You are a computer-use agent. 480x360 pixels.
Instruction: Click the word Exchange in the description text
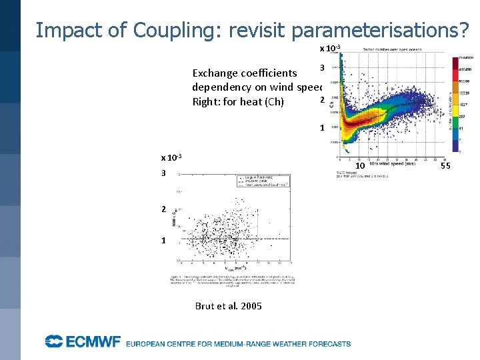pyautogui.click(x=217, y=73)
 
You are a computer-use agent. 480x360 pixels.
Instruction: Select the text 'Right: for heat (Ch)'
pyautogui.click(x=237, y=101)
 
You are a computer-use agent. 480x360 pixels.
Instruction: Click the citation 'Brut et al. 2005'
pyautogui.click(x=228, y=306)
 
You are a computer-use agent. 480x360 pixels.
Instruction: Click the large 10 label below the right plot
pyautogui.click(x=359, y=165)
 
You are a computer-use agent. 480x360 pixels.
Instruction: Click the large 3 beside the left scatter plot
pyautogui.click(x=163, y=173)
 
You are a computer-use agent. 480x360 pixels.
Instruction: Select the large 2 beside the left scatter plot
pyautogui.click(x=163, y=209)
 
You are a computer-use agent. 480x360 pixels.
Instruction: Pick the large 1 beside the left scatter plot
pyautogui.click(x=163, y=240)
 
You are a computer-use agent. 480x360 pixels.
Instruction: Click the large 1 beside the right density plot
pyautogui.click(x=322, y=128)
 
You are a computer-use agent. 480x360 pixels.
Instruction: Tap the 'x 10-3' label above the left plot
pyautogui.click(x=172, y=158)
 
